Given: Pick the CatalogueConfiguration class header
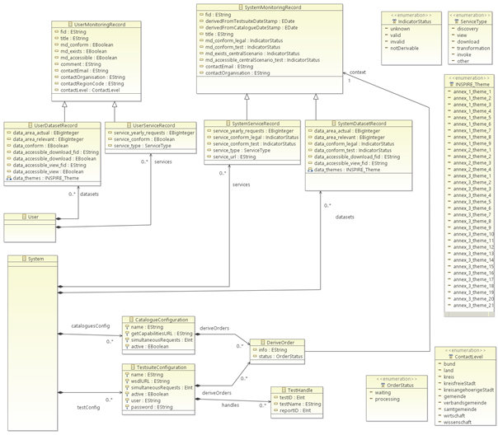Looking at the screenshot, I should point(160,320).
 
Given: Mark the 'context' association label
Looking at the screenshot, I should point(358,72).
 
